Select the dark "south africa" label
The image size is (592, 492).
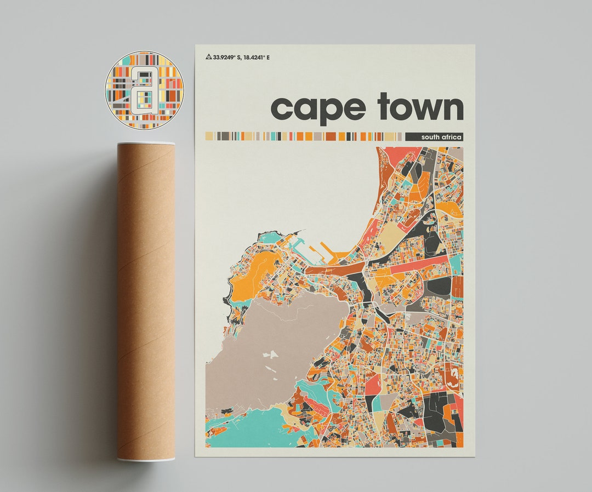(434, 136)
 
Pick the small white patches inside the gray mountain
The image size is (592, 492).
(270, 355)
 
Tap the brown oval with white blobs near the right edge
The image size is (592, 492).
(453, 378)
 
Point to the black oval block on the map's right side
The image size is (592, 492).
(439, 286)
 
